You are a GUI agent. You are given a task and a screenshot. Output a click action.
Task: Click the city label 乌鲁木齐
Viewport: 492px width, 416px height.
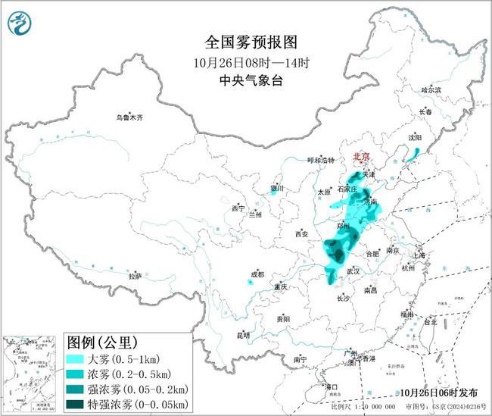129,117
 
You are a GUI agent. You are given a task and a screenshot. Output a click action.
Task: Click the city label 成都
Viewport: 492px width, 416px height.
259,274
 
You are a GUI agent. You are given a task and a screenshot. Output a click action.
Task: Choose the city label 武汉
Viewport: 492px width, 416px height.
353,271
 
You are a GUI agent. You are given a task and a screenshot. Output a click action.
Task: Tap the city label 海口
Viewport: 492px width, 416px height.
331,386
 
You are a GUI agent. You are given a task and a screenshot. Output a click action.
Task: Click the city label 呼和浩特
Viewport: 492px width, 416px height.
319,161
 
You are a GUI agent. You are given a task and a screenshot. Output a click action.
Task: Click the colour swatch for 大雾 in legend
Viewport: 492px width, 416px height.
79,358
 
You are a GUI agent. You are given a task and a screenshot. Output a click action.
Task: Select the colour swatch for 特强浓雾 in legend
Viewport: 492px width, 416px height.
79,403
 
